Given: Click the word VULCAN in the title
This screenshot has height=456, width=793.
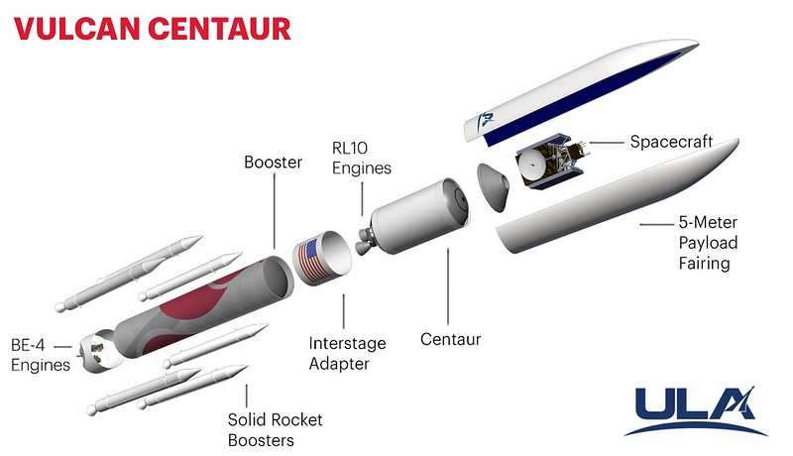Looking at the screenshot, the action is point(77,29).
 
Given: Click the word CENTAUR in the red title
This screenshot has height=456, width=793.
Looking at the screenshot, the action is point(220,29).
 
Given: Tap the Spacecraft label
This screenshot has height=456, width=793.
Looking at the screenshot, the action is point(671,142).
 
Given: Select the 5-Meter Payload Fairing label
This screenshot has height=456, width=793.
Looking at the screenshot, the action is point(708,243).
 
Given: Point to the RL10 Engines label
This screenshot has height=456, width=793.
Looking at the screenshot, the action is point(361,158).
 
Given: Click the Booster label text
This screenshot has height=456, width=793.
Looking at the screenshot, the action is point(273,162).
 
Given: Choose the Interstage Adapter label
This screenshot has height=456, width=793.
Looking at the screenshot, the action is point(347,353).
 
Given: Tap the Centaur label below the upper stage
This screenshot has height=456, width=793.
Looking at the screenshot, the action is point(450,339).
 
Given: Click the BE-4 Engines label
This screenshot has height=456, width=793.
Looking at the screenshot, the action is point(41,355).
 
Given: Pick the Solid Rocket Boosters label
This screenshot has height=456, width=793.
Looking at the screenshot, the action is point(275,429).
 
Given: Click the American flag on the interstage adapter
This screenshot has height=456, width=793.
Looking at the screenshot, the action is point(313,261).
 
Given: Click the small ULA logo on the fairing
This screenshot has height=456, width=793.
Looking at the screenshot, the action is point(486,120).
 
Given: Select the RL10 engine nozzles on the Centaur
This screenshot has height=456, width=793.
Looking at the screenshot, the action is point(364,241).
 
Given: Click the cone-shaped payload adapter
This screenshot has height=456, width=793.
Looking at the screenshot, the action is point(493,187).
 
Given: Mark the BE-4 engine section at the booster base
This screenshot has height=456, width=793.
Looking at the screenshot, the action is point(98,351).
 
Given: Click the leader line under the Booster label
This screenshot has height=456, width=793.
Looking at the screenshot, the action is point(275,211).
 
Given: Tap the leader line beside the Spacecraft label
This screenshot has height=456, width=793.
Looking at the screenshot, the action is point(607,143).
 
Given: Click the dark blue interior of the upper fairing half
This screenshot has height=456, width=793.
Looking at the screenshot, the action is point(582,98).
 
